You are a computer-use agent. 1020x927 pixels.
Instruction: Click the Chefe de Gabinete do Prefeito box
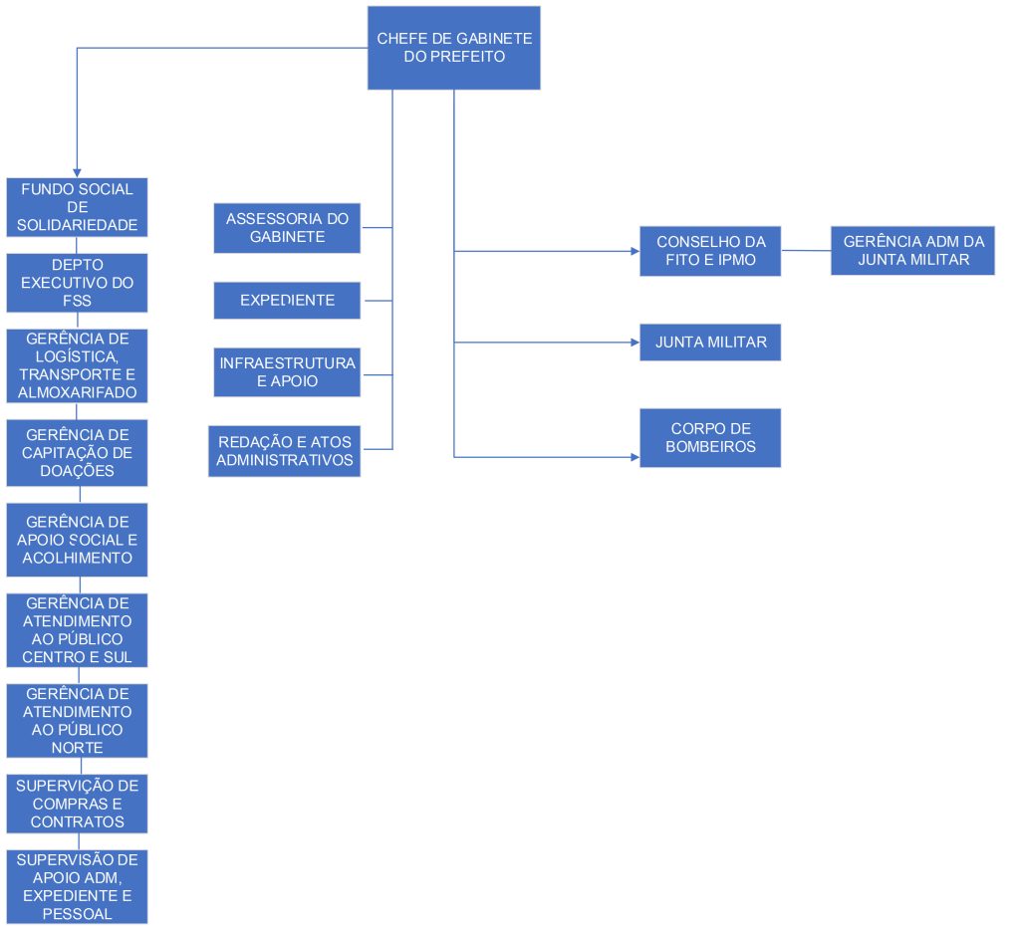pyautogui.click(x=454, y=48)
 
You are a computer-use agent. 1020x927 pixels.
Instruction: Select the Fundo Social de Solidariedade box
pyautogui.click(x=78, y=208)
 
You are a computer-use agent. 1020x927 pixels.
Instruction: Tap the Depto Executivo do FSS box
pyautogui.click(x=78, y=283)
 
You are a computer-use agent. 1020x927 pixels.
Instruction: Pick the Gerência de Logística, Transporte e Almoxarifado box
pyautogui.click(x=78, y=365)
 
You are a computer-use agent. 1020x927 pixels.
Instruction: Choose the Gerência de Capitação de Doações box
pyautogui.click(x=78, y=453)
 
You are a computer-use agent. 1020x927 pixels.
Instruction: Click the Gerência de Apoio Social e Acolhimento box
pyautogui.click(x=78, y=540)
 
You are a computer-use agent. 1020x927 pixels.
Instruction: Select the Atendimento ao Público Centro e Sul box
pyautogui.click(x=78, y=630)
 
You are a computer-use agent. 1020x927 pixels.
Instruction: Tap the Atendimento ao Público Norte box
pyautogui.click(x=78, y=721)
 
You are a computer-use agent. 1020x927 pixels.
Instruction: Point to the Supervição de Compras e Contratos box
pyautogui.click(x=78, y=804)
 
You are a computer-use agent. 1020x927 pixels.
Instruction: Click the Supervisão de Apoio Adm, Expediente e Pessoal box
pyautogui.click(x=78, y=886)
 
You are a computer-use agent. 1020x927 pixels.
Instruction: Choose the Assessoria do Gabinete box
pyautogui.click(x=287, y=228)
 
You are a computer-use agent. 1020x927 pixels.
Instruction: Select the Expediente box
pyautogui.click(x=287, y=300)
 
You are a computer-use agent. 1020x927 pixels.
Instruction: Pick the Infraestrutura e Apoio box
pyautogui.click(x=287, y=372)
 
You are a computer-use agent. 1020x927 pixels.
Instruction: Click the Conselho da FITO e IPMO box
pyautogui.click(x=710, y=251)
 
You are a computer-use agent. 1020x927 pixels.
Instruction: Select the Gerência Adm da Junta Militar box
pyautogui.click(x=913, y=250)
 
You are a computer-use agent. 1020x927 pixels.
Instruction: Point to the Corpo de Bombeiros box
pyautogui.click(x=710, y=437)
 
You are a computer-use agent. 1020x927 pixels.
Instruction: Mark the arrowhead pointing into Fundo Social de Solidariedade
pyautogui.click(x=78, y=172)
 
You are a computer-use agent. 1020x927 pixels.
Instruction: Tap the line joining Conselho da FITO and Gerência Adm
pyautogui.click(x=806, y=250)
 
